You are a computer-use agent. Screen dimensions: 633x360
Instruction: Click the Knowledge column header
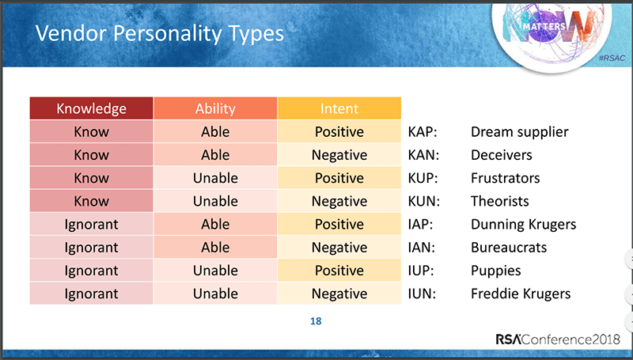pos(91,108)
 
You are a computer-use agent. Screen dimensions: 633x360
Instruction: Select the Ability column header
pos(215,108)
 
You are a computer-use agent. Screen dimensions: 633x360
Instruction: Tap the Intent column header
pos(339,108)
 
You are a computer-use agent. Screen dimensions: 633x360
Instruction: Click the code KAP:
pos(423,132)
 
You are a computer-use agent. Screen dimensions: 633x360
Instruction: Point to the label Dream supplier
pos(520,132)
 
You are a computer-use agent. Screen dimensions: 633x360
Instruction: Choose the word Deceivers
pos(502,155)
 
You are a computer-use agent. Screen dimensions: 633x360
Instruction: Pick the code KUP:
pos(423,178)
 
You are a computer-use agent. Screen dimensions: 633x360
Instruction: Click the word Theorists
pos(500,201)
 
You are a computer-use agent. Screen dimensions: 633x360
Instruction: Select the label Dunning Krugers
pos(524,225)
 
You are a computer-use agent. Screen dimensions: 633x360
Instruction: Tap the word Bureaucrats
pos(509,248)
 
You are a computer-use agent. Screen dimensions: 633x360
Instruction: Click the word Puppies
pos(496,271)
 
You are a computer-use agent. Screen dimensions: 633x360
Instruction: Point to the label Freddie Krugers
pos(521,294)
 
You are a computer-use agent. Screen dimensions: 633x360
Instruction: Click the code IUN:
pos(422,294)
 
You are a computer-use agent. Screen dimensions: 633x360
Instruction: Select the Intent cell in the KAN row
pos(339,154)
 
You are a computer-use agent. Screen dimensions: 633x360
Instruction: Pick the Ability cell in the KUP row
pos(215,177)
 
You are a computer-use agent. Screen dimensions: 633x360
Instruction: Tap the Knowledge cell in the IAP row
pos(91,224)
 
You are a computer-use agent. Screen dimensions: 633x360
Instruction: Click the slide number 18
pos(316,321)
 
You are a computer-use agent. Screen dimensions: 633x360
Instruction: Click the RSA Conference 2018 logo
pos(558,339)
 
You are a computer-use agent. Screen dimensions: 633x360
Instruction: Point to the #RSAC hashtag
pos(612,58)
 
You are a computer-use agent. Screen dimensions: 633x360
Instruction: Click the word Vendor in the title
pos(70,33)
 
